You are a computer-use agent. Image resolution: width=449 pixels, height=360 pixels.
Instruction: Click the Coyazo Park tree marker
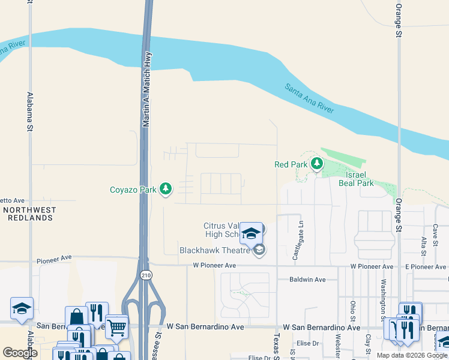(x=166, y=189)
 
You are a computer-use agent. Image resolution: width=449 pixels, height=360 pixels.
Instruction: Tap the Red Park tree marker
(x=316, y=163)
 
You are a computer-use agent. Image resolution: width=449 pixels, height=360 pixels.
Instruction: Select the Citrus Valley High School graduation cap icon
(x=252, y=232)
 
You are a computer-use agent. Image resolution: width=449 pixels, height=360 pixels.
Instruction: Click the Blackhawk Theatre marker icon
(x=259, y=250)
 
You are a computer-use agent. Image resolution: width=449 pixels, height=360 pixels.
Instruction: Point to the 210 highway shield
(x=145, y=275)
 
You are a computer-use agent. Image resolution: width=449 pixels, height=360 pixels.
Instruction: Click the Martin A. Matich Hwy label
(x=145, y=88)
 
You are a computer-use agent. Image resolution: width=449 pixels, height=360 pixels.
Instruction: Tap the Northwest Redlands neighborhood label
(x=29, y=214)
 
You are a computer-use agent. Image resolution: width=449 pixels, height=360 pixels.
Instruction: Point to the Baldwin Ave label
(x=307, y=280)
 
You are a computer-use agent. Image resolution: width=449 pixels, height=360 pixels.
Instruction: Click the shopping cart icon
(x=116, y=327)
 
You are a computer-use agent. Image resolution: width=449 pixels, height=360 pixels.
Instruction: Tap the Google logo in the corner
(x=20, y=352)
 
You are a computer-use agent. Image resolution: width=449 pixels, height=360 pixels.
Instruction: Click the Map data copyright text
(x=412, y=355)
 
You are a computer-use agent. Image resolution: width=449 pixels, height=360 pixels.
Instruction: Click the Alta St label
(x=424, y=247)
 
